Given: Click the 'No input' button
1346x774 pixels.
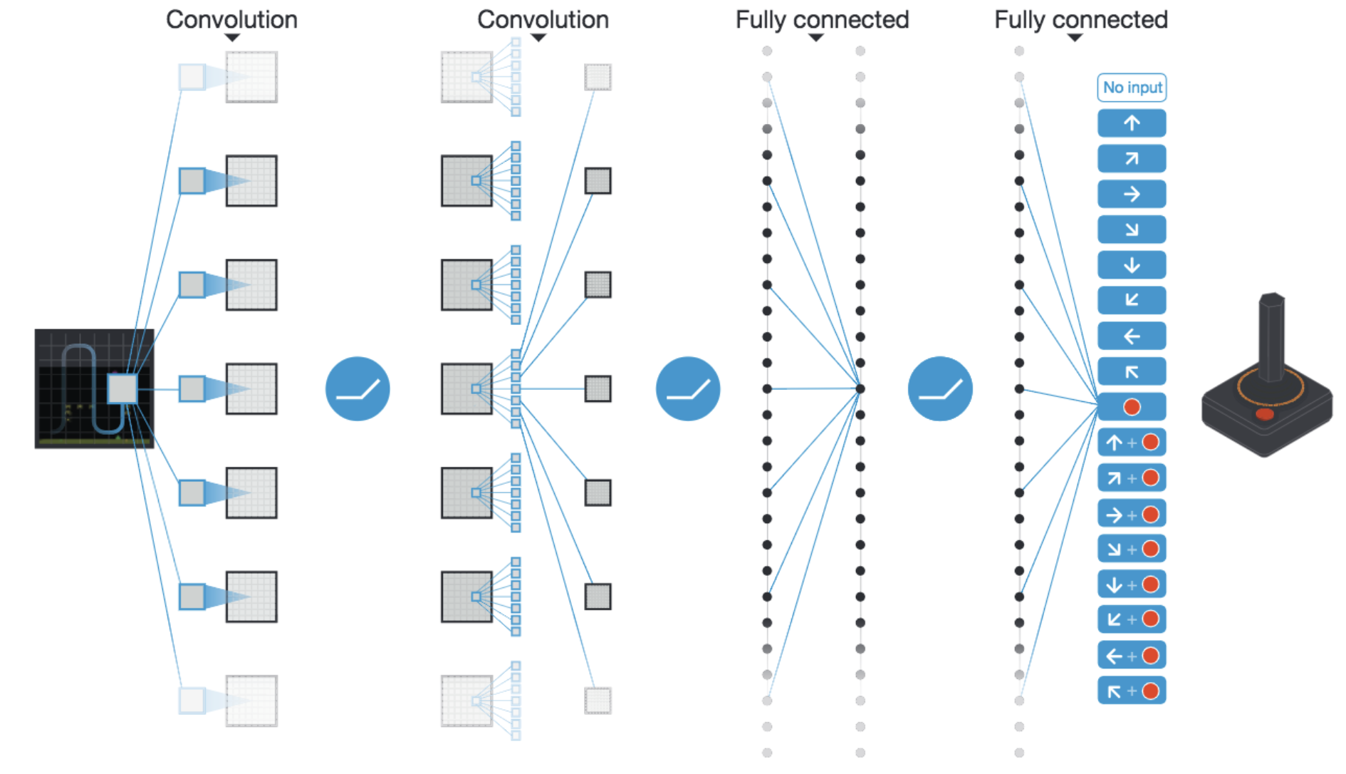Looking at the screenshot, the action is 1132,88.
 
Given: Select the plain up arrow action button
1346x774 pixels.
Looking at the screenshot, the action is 1132,123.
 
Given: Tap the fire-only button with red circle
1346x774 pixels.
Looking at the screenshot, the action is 1132,407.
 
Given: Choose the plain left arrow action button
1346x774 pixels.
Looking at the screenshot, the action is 1132,336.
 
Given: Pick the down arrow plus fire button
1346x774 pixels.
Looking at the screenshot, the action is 1132,584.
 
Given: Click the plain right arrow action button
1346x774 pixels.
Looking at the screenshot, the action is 1132,194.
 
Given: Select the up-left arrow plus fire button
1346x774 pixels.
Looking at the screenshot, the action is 1132,691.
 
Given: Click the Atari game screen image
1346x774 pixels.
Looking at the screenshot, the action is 94,388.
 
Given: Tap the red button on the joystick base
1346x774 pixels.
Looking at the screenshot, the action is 1265,414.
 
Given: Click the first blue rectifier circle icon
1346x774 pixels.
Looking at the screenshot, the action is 358,388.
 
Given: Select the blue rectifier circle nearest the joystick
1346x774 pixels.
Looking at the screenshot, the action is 940,388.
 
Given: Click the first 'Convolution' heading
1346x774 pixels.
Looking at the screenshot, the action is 231,19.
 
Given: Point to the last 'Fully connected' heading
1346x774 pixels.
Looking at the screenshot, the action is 1081,19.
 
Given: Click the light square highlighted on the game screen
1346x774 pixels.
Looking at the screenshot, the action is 122,388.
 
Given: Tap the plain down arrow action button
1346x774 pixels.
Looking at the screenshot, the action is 1132,265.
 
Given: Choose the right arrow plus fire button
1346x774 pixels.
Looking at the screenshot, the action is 1132,513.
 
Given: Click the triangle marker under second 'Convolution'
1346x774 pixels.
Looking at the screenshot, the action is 539,38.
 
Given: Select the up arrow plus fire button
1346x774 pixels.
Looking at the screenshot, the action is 1132,443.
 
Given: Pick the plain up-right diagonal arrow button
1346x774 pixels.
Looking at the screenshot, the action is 1132,158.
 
